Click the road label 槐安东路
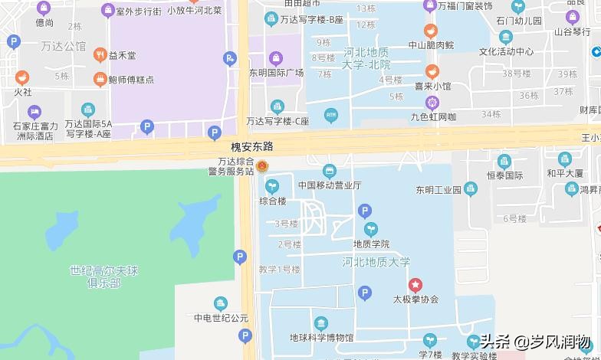tap(252, 146)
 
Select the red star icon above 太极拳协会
tap(415, 284)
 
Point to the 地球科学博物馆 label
tap(321, 337)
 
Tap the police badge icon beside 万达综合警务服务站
tap(262, 166)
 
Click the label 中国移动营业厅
tap(330, 185)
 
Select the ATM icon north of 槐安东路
tap(331, 116)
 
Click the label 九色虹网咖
tap(433, 117)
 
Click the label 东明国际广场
tap(276, 73)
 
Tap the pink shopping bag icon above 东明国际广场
tap(276, 57)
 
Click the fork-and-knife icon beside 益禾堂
tap(100, 55)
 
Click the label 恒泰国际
tap(504, 175)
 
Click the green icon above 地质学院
tap(371, 229)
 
